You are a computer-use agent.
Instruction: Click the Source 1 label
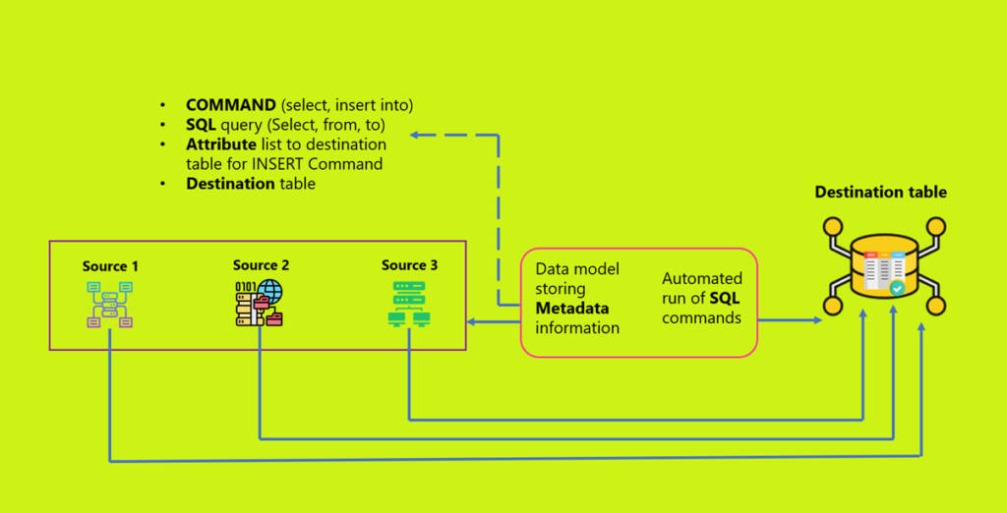point(110,266)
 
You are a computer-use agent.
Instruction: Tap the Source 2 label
point(261,265)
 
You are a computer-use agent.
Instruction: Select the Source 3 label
point(410,265)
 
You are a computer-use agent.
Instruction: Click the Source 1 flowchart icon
point(109,304)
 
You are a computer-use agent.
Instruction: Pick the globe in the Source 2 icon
point(267,292)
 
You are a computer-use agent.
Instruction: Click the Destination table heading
point(880,192)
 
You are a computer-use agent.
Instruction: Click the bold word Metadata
point(572,309)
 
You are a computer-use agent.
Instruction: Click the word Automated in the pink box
point(701,279)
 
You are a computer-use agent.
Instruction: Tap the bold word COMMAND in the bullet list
point(231,105)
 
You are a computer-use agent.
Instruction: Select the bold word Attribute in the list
point(220,144)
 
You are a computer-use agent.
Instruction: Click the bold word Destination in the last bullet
point(230,184)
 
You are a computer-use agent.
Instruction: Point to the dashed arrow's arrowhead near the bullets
point(416,135)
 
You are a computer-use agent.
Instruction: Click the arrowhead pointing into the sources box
point(471,321)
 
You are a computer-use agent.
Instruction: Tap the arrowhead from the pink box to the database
point(817,320)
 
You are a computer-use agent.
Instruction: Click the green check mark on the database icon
point(897,289)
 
